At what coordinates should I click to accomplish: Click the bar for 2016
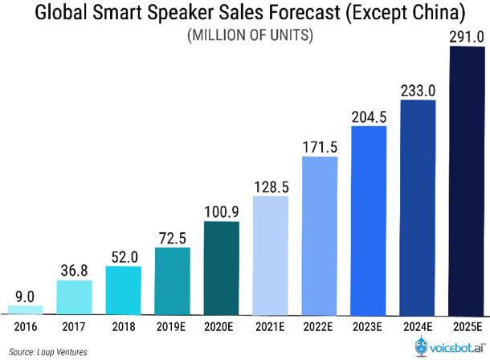(25, 309)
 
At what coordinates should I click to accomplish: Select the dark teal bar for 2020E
(221, 267)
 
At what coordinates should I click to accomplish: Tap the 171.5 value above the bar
(319, 146)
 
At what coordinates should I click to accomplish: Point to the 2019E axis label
(172, 326)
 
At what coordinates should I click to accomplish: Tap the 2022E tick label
(319, 326)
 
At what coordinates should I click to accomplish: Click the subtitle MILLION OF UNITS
(244, 36)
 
